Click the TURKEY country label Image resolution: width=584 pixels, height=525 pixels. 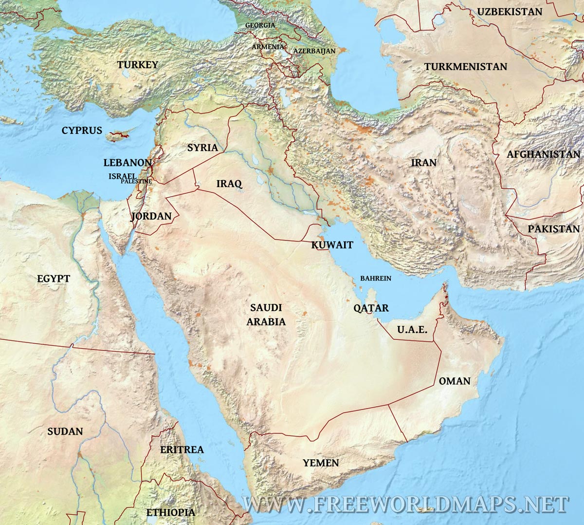[x=138, y=65]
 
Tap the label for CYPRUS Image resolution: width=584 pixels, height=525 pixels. [x=82, y=131]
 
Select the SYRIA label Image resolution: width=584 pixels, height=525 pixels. [x=202, y=148]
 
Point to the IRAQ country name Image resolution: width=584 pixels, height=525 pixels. [x=229, y=184]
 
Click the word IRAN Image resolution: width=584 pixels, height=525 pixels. [x=424, y=163]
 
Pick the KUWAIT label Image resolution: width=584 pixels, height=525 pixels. [x=332, y=245]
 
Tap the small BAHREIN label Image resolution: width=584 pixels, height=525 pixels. [x=375, y=279]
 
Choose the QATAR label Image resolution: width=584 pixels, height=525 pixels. [x=371, y=308]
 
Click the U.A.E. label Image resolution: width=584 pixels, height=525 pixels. [x=412, y=330]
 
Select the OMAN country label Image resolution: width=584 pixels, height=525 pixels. [x=455, y=381]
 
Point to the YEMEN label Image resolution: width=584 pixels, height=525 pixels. [x=321, y=463]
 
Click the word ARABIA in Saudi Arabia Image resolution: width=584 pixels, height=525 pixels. [x=266, y=322]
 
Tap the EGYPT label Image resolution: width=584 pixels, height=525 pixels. [x=54, y=279]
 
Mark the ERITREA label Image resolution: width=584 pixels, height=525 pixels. [x=182, y=450]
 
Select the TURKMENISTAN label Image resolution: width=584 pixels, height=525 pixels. [x=465, y=67]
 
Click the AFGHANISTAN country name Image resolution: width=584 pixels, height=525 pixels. [x=544, y=154]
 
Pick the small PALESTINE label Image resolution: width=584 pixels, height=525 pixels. [x=136, y=182]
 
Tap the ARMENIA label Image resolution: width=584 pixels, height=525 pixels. [x=268, y=47]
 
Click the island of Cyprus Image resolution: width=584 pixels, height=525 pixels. [x=119, y=135]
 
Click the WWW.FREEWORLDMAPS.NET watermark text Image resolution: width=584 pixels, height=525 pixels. [x=405, y=505]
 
